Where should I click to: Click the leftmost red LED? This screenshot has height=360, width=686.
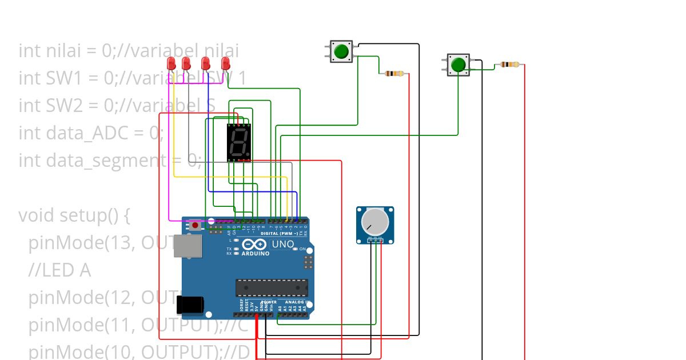pos(171,63)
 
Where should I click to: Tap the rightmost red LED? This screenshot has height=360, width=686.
pos(225,63)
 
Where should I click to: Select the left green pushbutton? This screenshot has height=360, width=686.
pos(341,51)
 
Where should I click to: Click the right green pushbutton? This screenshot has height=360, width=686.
pos(458,65)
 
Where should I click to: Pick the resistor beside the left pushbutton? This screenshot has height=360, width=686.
pos(394,73)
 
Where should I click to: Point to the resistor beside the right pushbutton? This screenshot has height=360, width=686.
pos(510,65)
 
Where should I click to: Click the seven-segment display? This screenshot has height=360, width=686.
pos(238,142)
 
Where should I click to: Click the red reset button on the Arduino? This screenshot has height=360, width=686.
pos(195,225)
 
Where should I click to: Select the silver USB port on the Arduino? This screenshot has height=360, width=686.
pos(188,246)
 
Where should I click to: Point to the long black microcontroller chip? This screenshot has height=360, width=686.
pos(272,288)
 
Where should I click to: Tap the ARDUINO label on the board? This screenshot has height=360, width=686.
pos(256,253)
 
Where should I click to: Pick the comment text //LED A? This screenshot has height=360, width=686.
pos(59,270)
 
